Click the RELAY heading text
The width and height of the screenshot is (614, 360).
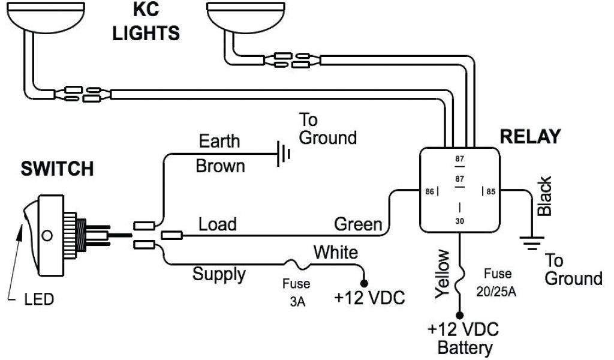click(530, 137)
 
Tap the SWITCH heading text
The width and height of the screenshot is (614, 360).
click(58, 169)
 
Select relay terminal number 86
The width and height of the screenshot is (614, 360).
click(429, 191)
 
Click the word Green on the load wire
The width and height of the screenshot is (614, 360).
click(358, 224)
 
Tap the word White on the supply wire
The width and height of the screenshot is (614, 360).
click(336, 252)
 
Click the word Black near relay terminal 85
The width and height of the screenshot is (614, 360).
click(544, 197)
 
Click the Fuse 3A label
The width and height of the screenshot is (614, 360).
click(297, 292)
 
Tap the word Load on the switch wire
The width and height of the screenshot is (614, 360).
click(217, 224)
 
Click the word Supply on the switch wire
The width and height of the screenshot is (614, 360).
click(219, 274)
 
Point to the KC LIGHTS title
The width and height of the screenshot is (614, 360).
click(146, 22)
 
